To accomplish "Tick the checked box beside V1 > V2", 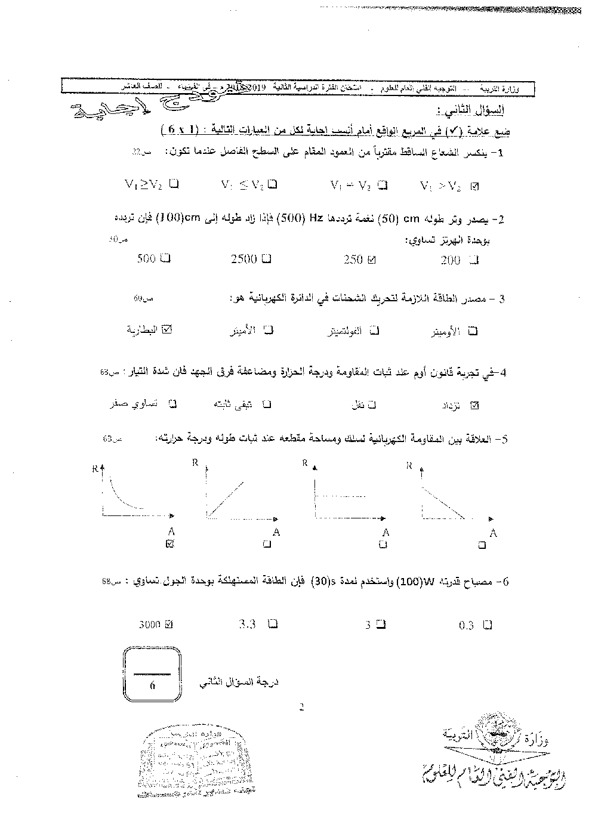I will (474, 186).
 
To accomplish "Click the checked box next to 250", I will (372, 260).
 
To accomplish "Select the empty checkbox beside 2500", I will (266, 259).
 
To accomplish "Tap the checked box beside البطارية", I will (166, 329).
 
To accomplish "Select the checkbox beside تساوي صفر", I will (172, 404).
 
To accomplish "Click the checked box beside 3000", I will (168, 625).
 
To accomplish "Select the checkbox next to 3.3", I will (273, 625).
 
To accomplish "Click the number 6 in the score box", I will (152, 686).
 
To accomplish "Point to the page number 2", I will (301, 708).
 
